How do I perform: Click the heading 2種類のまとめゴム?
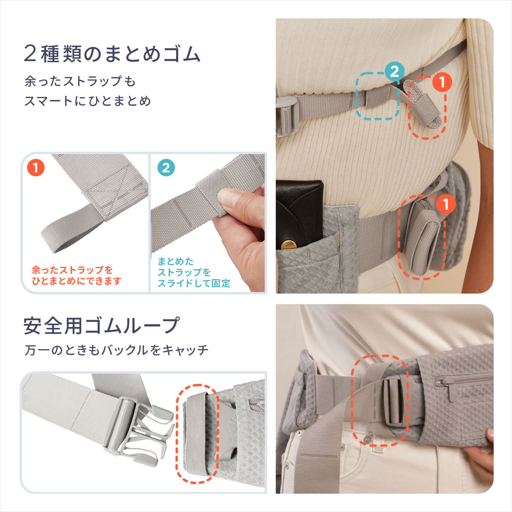(112, 54)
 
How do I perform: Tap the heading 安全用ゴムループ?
(101, 325)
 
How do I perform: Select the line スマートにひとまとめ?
(87, 101)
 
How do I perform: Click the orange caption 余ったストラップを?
(72, 270)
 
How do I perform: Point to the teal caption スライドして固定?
(193, 283)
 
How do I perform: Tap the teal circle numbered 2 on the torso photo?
(394, 72)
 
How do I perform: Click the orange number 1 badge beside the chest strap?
(442, 82)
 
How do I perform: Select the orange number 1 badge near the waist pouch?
(445, 204)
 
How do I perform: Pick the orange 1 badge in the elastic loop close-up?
(35, 168)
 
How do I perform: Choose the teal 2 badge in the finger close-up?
(166, 168)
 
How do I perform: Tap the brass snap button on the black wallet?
(289, 244)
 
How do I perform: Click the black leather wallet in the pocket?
(298, 212)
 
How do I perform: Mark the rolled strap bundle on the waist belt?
(424, 238)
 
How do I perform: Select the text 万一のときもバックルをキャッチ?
(116, 350)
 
